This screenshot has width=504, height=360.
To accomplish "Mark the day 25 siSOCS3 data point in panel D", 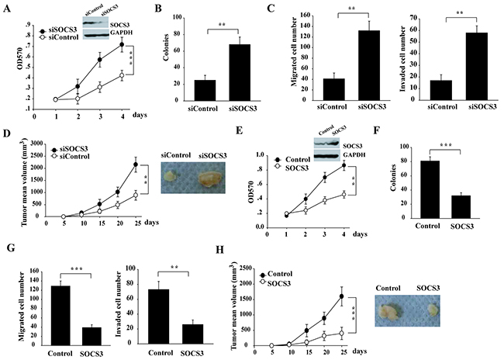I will [135, 164].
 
